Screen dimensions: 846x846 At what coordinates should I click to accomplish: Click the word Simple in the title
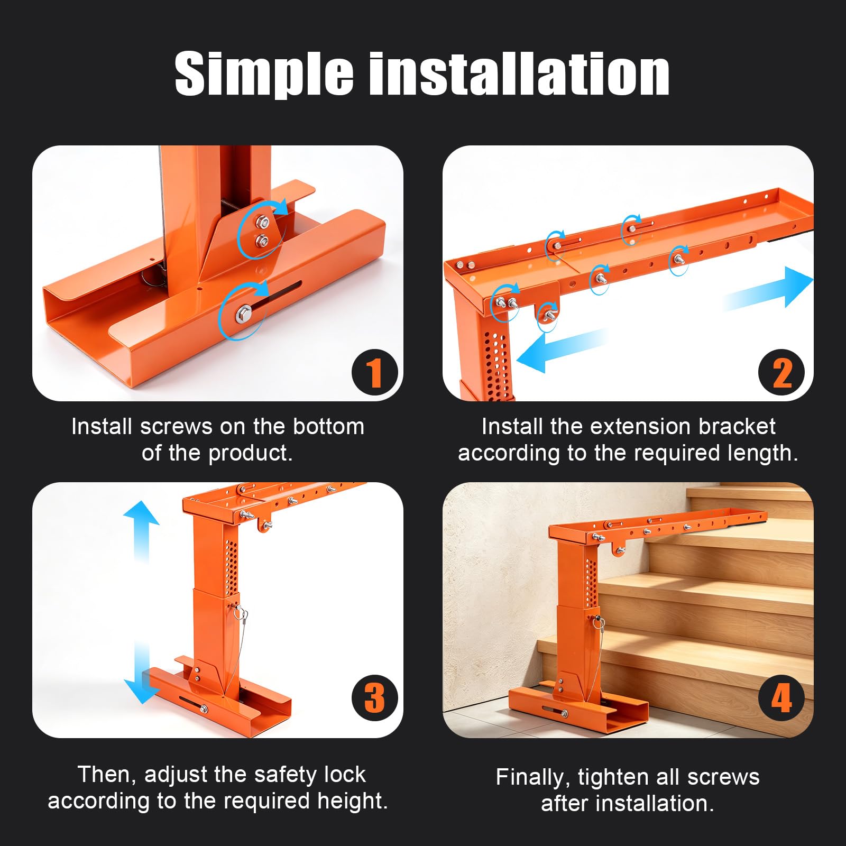click(x=264, y=74)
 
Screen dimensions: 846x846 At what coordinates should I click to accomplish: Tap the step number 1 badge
click(x=374, y=372)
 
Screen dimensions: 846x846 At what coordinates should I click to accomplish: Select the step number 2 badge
click(x=781, y=372)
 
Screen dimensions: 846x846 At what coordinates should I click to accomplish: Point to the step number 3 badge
click(x=374, y=698)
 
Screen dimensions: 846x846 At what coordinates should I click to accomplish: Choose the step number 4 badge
click(x=781, y=698)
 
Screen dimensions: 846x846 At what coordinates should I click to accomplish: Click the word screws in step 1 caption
click(x=177, y=427)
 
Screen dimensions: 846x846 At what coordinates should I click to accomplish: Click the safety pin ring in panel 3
click(x=242, y=615)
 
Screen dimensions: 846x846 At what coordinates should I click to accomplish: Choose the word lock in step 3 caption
click(x=344, y=775)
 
